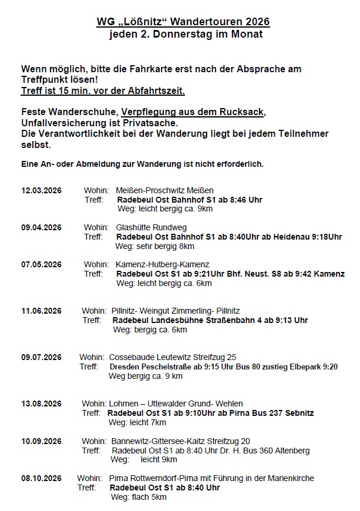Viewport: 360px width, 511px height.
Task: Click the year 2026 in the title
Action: tap(254, 22)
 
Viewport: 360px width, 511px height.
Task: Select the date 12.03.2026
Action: tap(41, 190)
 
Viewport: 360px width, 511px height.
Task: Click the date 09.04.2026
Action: tap(41, 227)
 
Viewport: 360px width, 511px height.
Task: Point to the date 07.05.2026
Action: tap(41, 264)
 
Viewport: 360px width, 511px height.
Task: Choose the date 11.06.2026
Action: tap(41, 311)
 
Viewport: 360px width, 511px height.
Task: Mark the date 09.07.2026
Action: tap(41, 357)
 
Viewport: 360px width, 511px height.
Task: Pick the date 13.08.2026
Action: tap(41, 404)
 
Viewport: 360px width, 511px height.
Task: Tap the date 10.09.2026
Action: tap(41, 441)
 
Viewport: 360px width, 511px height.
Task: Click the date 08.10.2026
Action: tap(41, 478)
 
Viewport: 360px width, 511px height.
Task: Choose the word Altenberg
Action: tap(291, 451)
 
